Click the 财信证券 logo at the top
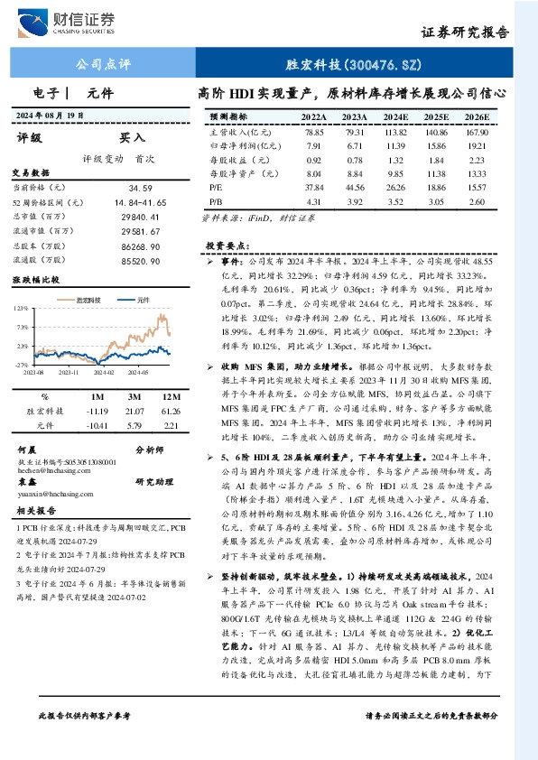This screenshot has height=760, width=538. [x=77, y=21]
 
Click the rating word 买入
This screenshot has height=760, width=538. [x=134, y=138]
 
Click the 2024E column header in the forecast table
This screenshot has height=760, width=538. [x=394, y=117]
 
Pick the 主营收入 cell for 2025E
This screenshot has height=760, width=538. [x=436, y=132]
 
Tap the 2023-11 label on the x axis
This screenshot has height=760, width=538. [x=70, y=371]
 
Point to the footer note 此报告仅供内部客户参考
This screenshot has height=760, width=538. [x=86, y=740]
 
